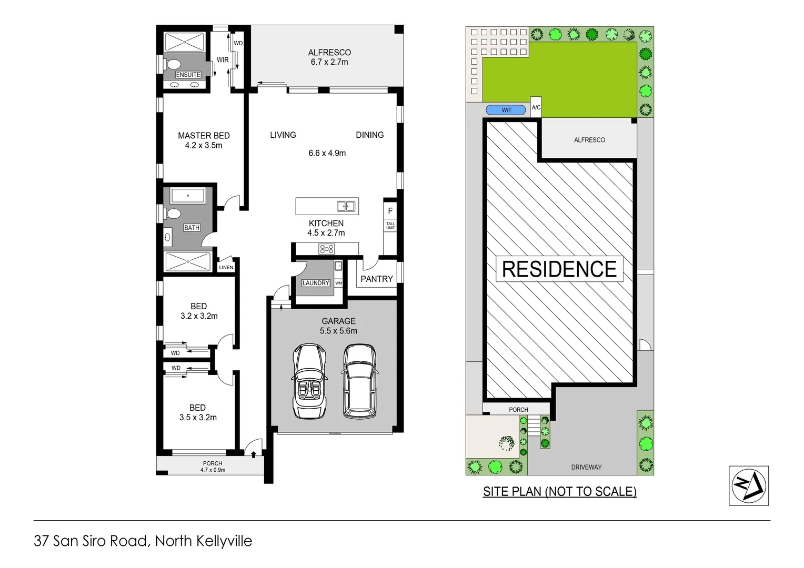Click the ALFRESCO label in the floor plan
[x=329, y=53]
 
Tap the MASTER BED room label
[x=204, y=136]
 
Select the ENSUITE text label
[x=188, y=75]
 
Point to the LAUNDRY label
[x=316, y=283]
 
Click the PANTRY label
[x=377, y=279]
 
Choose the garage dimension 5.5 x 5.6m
[x=338, y=331]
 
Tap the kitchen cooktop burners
[x=327, y=249]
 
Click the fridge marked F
[x=390, y=211]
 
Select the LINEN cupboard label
[x=226, y=267]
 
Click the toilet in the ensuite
[x=172, y=65]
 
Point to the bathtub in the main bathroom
[x=188, y=196]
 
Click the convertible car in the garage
[x=309, y=381]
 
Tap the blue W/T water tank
[x=506, y=110]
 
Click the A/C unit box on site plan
[x=536, y=107]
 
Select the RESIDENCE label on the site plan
[x=559, y=269]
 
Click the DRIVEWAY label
[x=586, y=467]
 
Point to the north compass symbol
[x=748, y=485]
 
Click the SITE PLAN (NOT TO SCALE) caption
[x=559, y=491]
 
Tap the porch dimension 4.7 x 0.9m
[x=213, y=470]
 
